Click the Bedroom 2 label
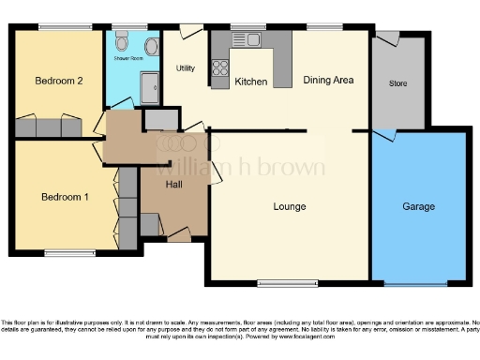(60, 82)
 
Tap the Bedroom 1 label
(65, 197)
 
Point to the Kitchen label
(251, 82)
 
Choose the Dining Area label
(328, 81)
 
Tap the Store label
(397, 83)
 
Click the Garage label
(419, 206)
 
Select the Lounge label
(290, 206)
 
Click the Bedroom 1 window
(69, 252)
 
